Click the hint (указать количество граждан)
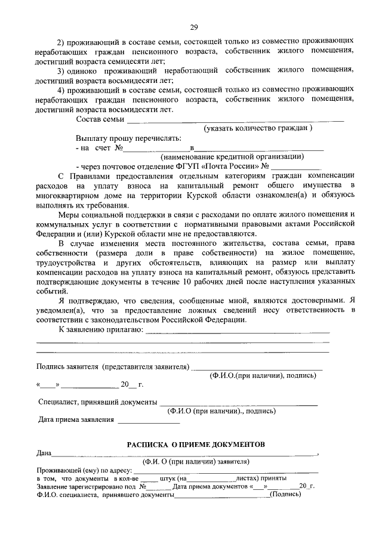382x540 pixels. [x=258, y=128]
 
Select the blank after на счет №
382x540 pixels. [x=156, y=148]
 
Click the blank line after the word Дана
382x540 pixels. [x=185, y=455]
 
